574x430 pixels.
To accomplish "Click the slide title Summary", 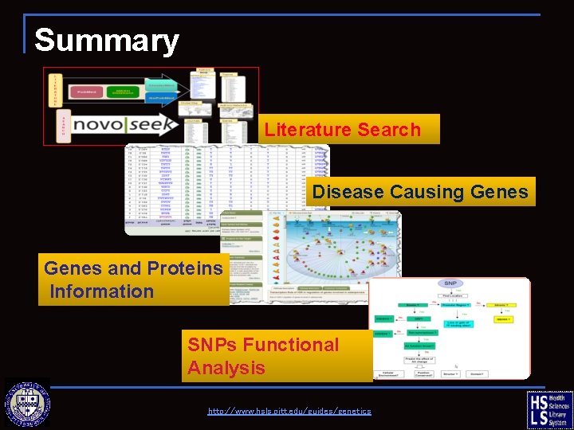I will (x=107, y=40).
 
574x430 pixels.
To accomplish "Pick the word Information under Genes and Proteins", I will (x=102, y=291).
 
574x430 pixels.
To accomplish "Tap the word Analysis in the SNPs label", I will (x=226, y=368).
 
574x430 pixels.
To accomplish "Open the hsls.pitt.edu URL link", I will (x=289, y=411).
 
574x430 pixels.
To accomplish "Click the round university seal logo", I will (x=28, y=404).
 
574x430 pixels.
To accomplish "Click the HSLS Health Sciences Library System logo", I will (x=549, y=409).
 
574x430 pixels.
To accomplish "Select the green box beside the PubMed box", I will (x=121, y=92).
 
